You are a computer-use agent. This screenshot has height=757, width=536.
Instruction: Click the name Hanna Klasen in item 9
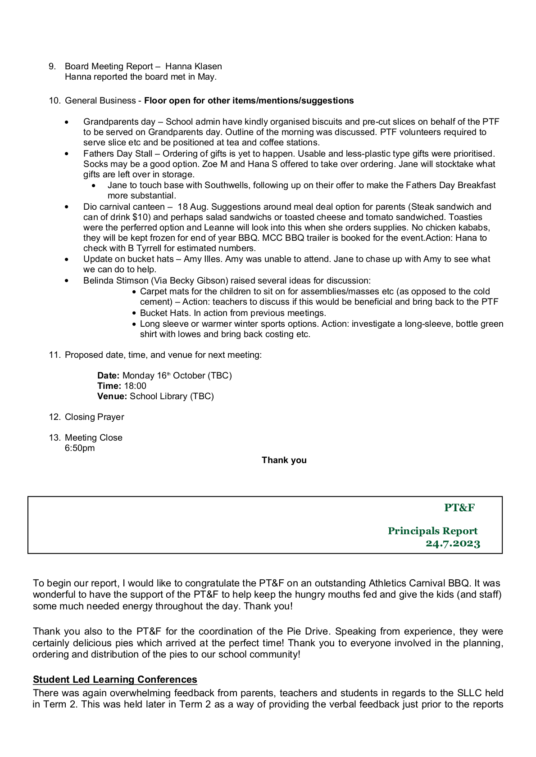coord(193,67)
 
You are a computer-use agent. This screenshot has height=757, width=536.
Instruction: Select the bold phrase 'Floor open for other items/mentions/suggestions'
coord(249,101)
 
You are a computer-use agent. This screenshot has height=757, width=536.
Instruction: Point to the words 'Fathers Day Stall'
coord(118,154)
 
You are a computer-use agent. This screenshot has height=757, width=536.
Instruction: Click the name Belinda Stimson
coord(116,281)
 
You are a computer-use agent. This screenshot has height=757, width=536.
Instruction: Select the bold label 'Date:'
coord(109,376)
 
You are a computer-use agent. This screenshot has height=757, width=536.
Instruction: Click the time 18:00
coord(135,386)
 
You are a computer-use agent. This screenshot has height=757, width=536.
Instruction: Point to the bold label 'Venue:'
coord(112,397)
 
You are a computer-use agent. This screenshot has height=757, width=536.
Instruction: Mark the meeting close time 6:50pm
coord(80,448)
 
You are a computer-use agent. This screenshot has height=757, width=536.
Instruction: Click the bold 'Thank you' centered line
coord(284,460)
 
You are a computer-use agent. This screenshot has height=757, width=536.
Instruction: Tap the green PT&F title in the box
coord(459,508)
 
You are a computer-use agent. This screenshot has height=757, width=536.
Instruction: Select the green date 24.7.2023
coord(453,544)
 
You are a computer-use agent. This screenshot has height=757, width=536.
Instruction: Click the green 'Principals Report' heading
coord(432,531)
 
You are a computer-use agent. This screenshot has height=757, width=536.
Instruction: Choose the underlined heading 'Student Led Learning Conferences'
coord(115,680)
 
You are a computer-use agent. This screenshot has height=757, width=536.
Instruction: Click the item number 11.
coord(55,355)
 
